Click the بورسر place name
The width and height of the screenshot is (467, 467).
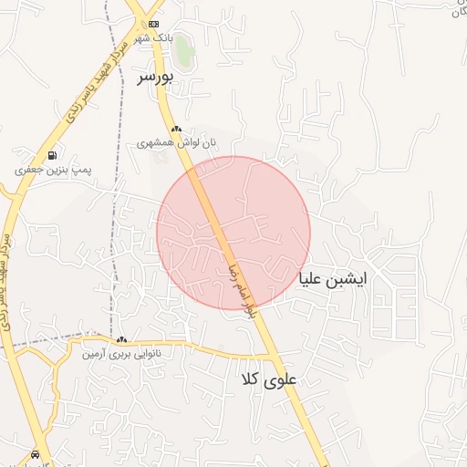pyautogui.click(x=155, y=78)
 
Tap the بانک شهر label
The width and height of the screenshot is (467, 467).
pyautogui.click(x=152, y=38)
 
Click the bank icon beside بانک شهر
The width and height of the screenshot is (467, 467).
pyautogui.click(x=152, y=24)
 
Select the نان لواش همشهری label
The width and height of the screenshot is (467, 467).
pyautogui.click(x=178, y=143)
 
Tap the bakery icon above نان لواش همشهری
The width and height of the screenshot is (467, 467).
pyautogui.click(x=176, y=130)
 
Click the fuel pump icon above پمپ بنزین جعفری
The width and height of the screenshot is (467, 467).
pyautogui.click(x=52, y=156)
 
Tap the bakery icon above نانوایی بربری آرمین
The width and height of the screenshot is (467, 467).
pyautogui.click(x=121, y=339)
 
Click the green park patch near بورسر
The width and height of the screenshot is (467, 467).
pyautogui.click(x=185, y=51)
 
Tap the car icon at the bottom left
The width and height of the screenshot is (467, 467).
pyautogui.click(x=36, y=453)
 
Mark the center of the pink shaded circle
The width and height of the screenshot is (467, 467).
pyautogui.click(x=233, y=233)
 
